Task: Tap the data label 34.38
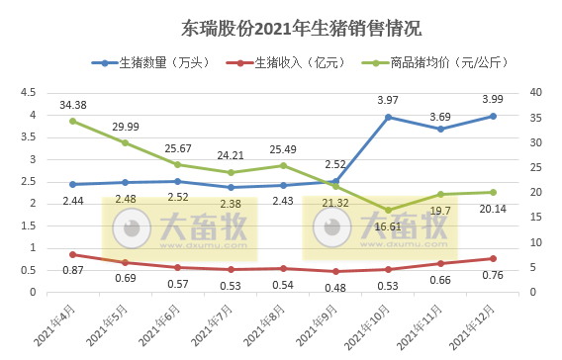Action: coord(73,104)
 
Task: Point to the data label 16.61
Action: coord(389,226)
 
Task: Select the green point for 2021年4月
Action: coord(73,121)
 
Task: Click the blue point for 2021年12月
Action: coord(494,116)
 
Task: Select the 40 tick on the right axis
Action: coord(535,92)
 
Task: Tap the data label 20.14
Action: coord(494,209)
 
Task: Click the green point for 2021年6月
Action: coord(178,164)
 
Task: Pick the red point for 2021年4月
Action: coord(73,254)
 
